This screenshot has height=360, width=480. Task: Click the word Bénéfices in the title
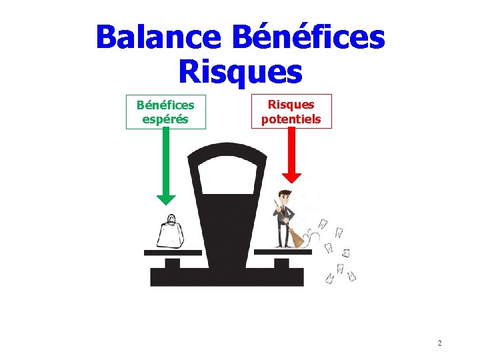tap(308, 37)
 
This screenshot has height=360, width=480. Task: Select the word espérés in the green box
tap(166, 119)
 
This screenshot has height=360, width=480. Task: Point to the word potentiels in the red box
tap(291, 119)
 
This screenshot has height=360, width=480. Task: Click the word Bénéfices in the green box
tap(166, 105)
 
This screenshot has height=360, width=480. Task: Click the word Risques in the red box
tap(291, 105)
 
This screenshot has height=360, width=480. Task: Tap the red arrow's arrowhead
tap(291, 177)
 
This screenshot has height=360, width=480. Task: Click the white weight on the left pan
tap(171, 235)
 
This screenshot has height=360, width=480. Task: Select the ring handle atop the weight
tap(171, 219)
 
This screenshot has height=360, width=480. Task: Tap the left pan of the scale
tap(173, 253)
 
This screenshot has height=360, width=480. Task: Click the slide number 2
tap(439, 343)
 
